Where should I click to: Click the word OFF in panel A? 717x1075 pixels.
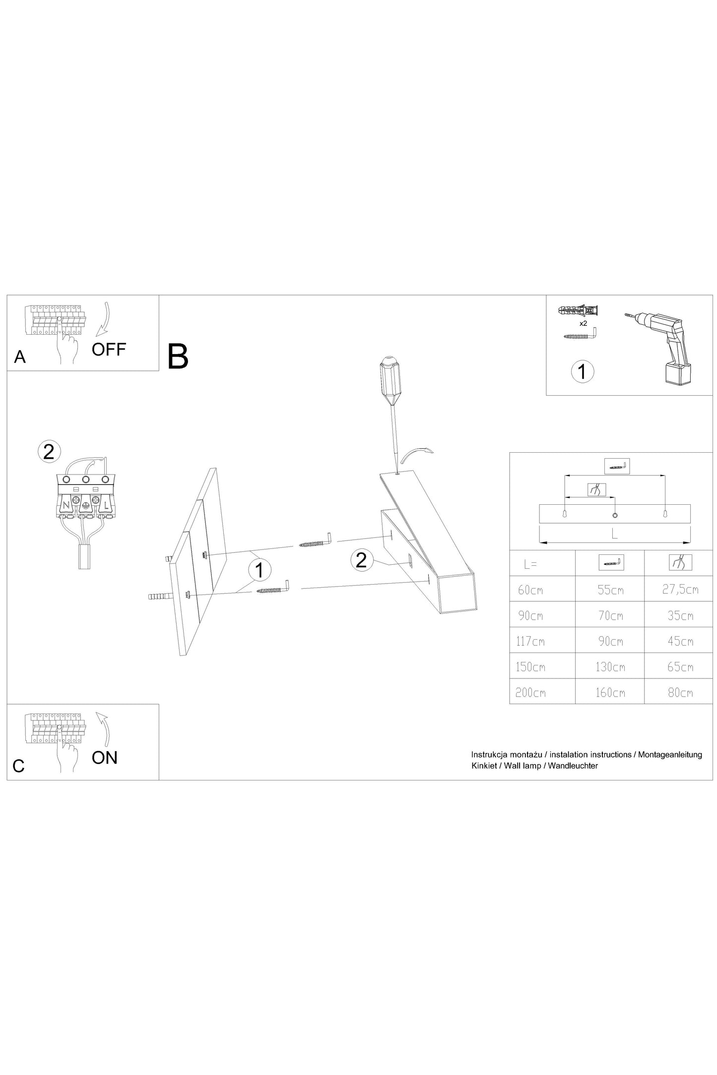[x=109, y=350]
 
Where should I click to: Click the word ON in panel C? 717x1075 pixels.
[x=105, y=758]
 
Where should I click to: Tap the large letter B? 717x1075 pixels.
[x=178, y=357]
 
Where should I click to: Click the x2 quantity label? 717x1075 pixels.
[x=584, y=323]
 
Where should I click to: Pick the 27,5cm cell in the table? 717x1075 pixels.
[x=680, y=589]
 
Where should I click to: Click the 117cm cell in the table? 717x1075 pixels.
[x=530, y=641]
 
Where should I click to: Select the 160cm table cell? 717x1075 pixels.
[x=610, y=692]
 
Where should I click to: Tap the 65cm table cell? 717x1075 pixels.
[x=680, y=667]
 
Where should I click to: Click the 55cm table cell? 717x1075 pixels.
[x=610, y=590]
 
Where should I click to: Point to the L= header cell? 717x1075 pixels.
[x=530, y=564]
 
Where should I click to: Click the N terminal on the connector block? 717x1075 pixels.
[x=65, y=505]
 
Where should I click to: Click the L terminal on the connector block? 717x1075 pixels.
[x=106, y=505]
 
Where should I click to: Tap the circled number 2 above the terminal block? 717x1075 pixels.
[x=49, y=452]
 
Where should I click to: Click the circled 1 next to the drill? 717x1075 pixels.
[x=583, y=371]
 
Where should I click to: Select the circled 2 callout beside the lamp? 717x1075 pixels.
[x=362, y=560]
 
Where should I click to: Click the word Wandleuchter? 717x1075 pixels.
[x=573, y=766]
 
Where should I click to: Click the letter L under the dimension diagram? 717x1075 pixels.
[x=614, y=534]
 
